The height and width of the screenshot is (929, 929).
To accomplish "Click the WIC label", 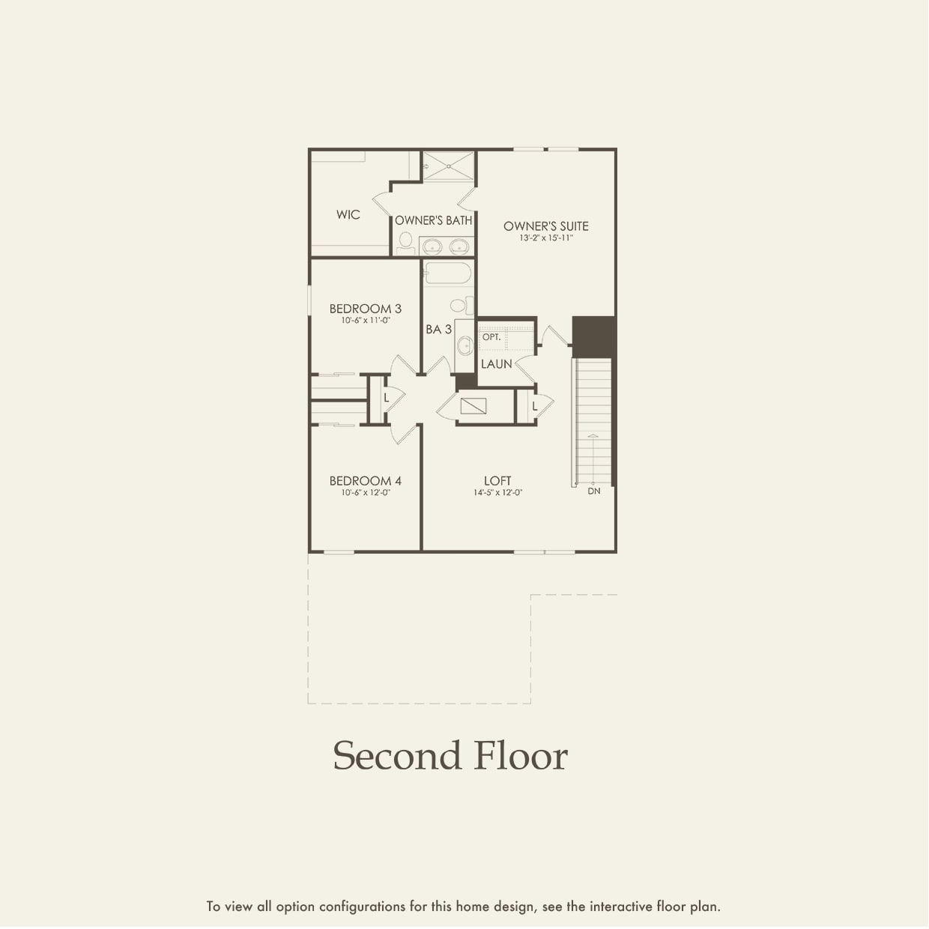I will tap(348, 215).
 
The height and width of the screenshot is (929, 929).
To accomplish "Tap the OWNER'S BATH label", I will tap(433, 220).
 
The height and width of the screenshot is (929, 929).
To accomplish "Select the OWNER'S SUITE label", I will tap(545, 226).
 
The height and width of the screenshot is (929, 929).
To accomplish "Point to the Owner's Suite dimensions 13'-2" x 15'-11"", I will tap(545, 238).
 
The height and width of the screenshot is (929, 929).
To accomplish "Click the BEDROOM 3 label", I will tap(365, 309).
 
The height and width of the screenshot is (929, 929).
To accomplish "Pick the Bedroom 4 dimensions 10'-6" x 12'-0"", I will tap(365, 493).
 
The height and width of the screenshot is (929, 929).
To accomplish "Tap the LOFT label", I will tap(497, 481).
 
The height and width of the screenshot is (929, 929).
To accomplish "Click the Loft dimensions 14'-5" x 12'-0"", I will tap(497, 493).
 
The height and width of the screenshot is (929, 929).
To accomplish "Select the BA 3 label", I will tap(438, 329).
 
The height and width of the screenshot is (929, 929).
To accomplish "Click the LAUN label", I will tap(496, 364).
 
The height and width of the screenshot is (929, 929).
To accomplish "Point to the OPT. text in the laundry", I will tap(491, 337).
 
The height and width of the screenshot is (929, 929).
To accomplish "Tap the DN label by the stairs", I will tap(593, 491).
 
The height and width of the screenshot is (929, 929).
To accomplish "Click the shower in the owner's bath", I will tap(448, 166).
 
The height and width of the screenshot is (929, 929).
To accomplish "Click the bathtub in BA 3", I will tap(447, 273).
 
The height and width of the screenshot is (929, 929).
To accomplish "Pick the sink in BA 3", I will tap(464, 345).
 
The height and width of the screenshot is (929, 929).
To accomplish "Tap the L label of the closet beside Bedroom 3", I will tap(387, 398).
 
